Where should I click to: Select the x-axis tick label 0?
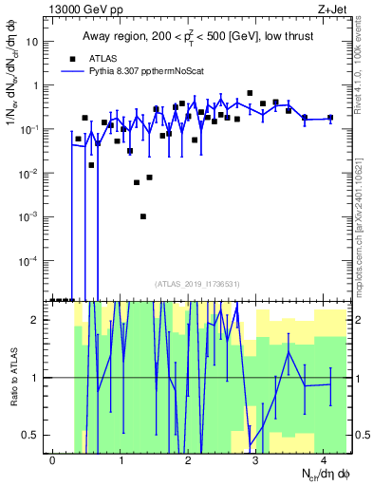click(53, 459)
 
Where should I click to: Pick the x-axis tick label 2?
click(189, 459)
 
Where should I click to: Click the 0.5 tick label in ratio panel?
click(33, 435)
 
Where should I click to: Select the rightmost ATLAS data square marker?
click(330, 118)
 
